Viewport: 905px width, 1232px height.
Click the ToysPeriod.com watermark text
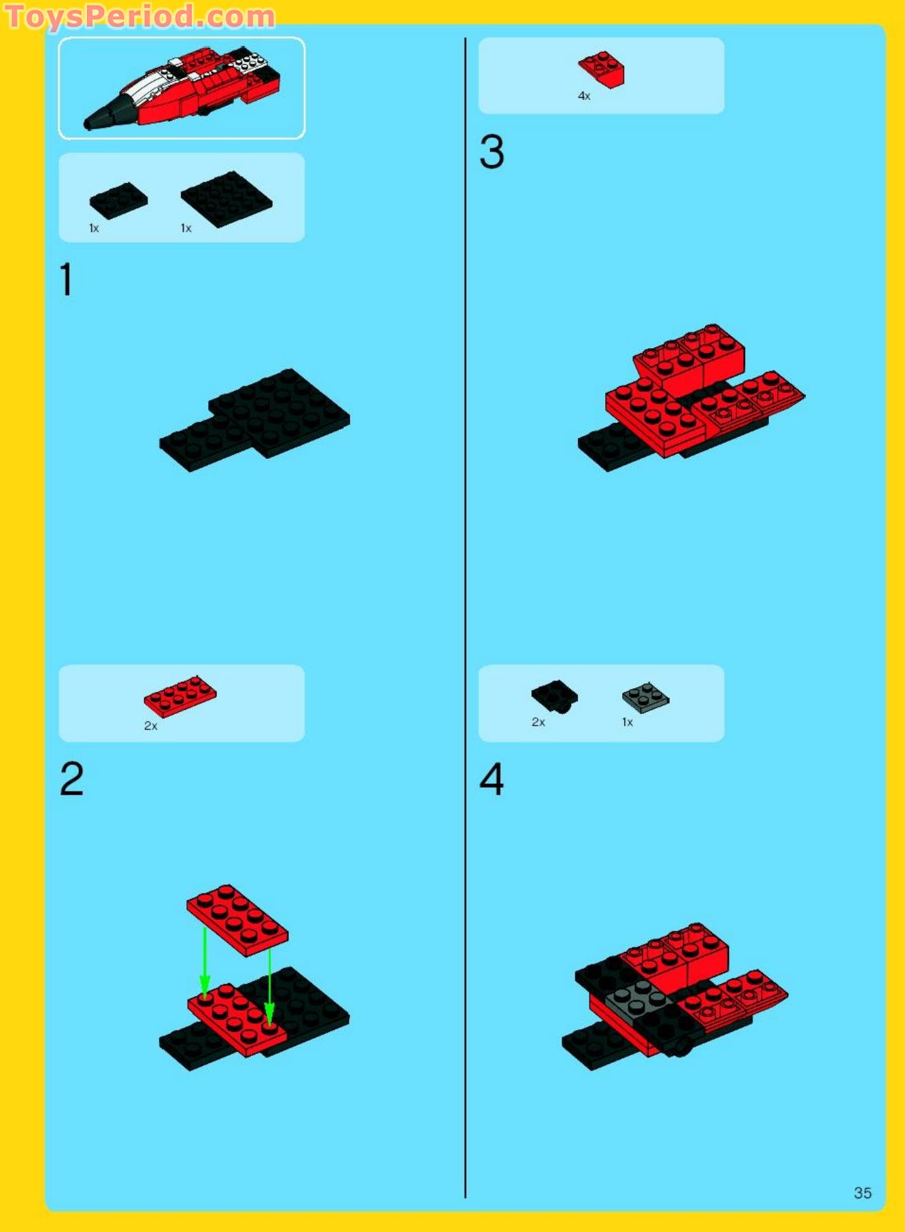(x=139, y=16)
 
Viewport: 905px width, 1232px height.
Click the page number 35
(x=862, y=1193)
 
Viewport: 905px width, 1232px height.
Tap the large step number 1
(x=66, y=279)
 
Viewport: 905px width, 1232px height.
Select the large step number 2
(x=71, y=778)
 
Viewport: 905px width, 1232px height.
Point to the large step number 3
(x=492, y=152)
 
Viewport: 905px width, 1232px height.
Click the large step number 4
(x=492, y=778)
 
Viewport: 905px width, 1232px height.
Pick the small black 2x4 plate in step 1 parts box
(x=118, y=200)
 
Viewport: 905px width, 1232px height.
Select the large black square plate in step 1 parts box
(x=226, y=199)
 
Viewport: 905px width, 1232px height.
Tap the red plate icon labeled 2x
(x=180, y=696)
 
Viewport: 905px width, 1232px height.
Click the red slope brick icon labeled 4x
(x=602, y=69)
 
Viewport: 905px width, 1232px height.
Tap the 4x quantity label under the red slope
(x=584, y=96)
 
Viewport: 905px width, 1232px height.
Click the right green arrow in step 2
(x=269, y=986)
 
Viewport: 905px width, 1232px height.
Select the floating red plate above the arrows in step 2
(x=237, y=920)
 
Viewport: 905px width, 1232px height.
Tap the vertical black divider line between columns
(x=465, y=612)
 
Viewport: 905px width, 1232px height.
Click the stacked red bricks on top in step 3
(x=689, y=358)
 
